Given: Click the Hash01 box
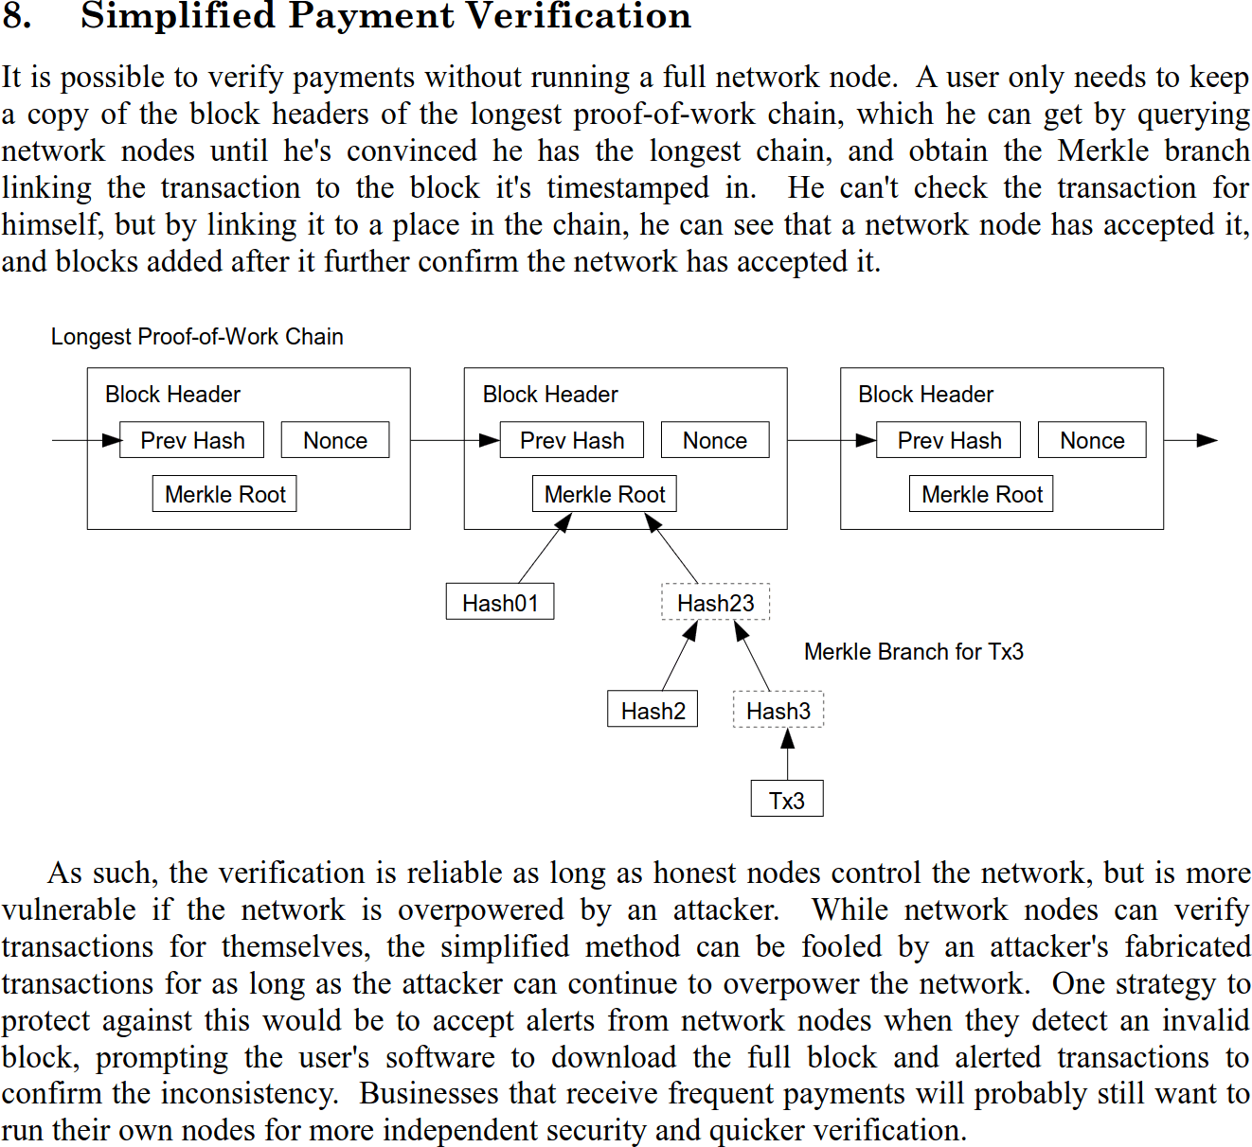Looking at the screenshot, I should pos(500,602).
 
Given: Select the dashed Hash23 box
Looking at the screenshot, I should pos(715,602).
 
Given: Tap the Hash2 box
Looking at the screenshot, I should pos(653,710).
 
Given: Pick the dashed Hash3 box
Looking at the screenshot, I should pos(778,710).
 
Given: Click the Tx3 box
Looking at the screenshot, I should pos(786,800).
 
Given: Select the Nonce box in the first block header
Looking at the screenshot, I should pos(335,440).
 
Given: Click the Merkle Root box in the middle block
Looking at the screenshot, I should pos(604,494).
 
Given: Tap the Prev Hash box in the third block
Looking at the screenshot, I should pos(948,440).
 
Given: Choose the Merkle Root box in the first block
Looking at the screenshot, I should pos(224,494).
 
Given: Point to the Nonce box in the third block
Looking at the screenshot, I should pos(1092,440).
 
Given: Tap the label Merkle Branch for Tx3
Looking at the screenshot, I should pos(913,651).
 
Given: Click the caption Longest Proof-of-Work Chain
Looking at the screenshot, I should pos(197,336).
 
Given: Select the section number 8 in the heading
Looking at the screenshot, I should pos(17,16).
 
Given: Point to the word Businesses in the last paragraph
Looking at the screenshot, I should pos(432,1093).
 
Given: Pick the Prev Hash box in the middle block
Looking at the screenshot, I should pos(572,440).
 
